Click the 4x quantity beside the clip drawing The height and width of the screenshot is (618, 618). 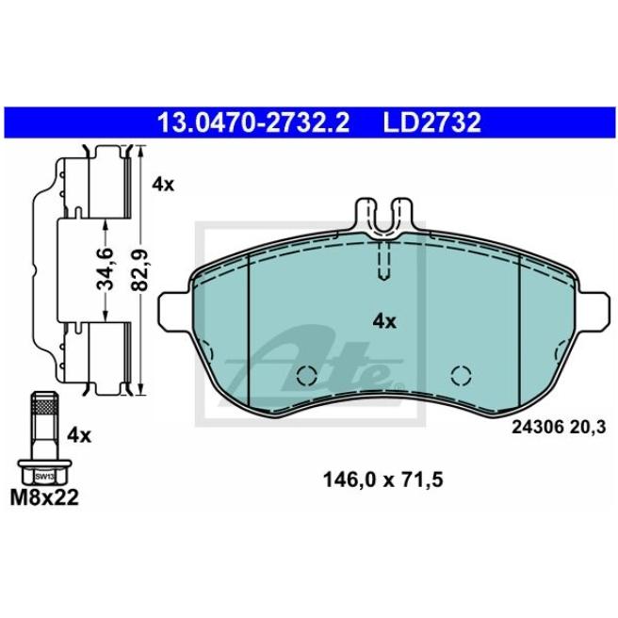pos(163,185)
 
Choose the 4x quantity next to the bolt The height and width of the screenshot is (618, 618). pos(79,435)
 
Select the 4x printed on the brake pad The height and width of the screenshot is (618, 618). pos(384,321)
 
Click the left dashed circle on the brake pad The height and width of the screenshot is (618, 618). pos(305,375)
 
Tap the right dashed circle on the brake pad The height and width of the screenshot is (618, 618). pos(462,375)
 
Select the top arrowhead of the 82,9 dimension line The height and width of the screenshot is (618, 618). pos(140,151)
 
